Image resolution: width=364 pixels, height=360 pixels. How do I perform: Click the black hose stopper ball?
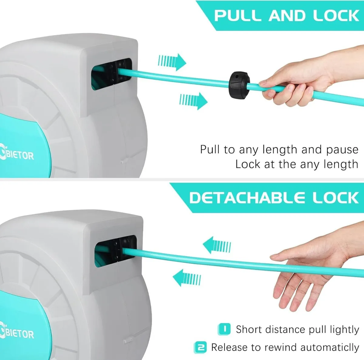238,85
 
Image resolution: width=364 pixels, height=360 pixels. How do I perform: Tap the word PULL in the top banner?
238,16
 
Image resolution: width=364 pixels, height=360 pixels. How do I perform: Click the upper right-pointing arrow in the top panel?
172,62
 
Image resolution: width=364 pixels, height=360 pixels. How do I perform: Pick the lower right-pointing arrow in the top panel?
193,100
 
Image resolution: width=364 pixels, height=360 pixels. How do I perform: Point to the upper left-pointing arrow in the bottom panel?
217,245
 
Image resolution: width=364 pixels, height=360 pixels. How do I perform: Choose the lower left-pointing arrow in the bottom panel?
187,278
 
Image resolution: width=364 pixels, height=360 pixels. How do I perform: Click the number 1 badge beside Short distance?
224,329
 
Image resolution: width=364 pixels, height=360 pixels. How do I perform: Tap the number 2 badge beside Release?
201,347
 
